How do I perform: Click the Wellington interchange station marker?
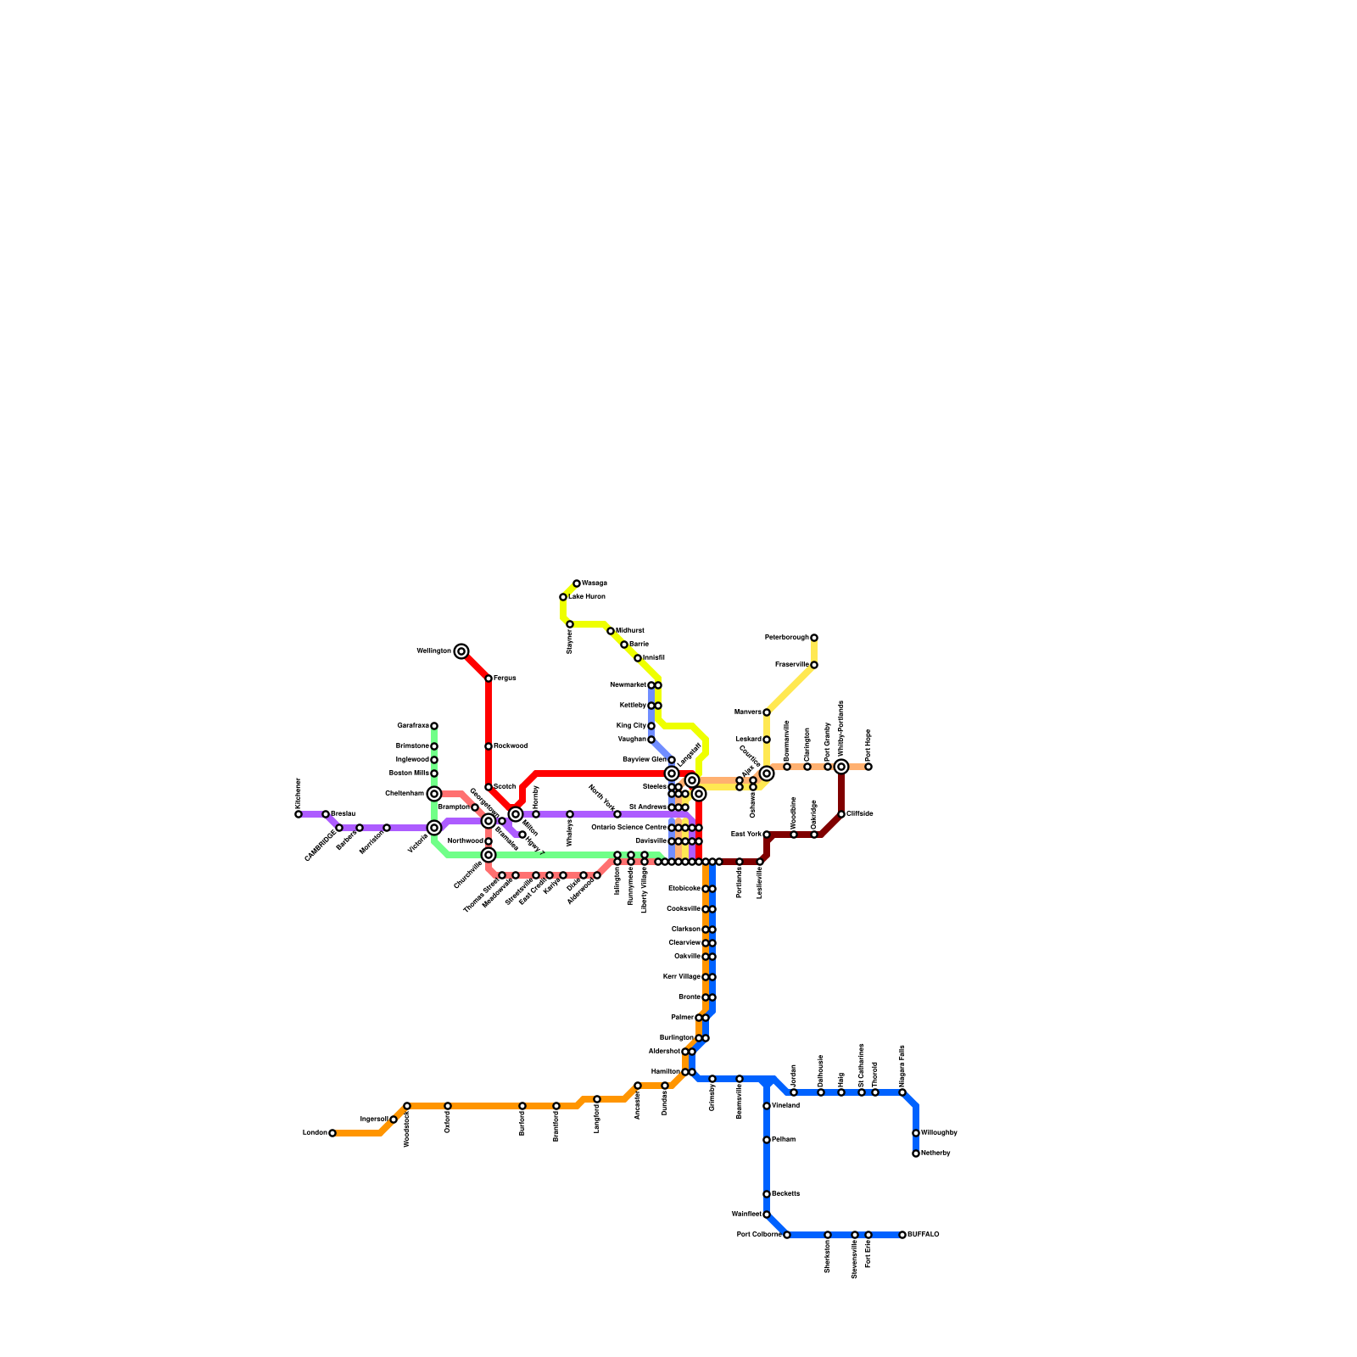tap(461, 651)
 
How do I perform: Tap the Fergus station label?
tap(505, 678)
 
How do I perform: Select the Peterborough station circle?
tap(814, 638)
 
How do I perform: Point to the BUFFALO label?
tap(924, 1235)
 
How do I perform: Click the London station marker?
tap(332, 1133)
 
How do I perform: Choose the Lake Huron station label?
tap(587, 597)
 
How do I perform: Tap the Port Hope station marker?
tap(868, 767)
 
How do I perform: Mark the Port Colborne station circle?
tap(787, 1235)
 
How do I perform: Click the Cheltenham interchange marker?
tap(434, 794)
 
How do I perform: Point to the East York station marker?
tap(767, 835)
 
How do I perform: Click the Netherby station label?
tap(935, 1153)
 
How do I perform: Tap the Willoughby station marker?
tap(916, 1133)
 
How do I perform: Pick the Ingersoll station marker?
tap(394, 1120)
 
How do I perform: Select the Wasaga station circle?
tap(577, 584)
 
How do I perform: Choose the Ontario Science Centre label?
tap(628, 828)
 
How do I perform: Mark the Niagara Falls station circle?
tap(902, 1092)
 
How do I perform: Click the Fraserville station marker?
tap(814, 665)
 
